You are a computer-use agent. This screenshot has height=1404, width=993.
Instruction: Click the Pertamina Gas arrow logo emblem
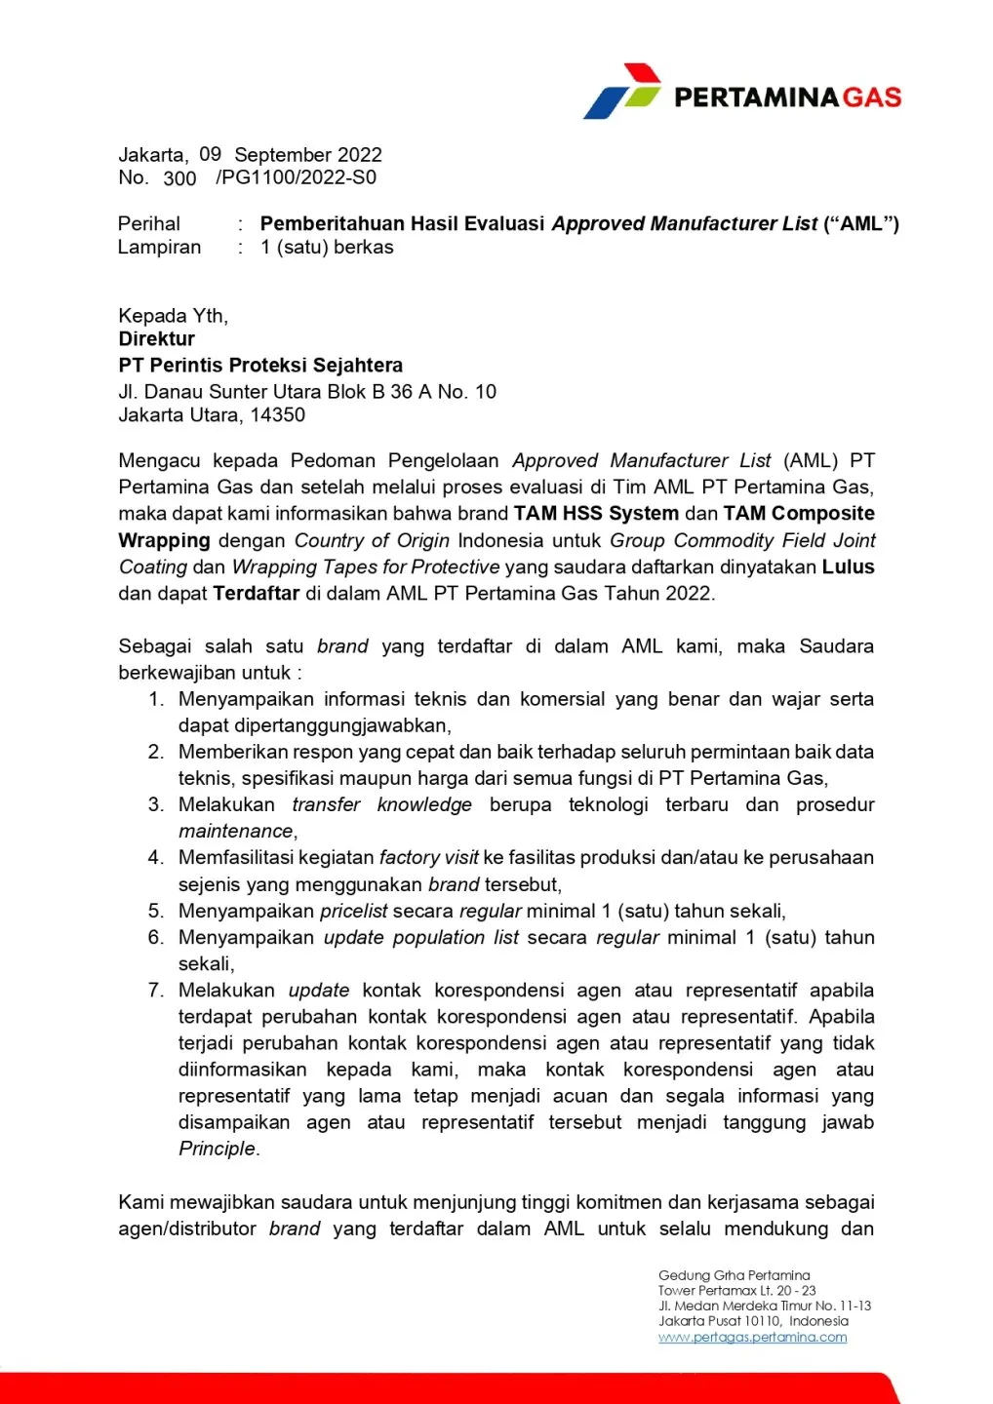(x=622, y=93)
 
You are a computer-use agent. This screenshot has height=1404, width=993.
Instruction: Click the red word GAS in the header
(x=871, y=97)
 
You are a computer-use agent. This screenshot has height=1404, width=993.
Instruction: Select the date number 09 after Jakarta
(x=210, y=154)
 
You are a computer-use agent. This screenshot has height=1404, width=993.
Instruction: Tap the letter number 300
(x=179, y=178)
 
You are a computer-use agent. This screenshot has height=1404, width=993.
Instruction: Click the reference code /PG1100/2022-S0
(x=296, y=177)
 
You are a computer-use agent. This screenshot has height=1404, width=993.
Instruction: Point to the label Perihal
(x=149, y=224)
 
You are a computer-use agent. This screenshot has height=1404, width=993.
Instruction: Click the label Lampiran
(x=159, y=248)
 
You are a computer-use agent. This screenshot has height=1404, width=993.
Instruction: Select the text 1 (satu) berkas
(x=327, y=248)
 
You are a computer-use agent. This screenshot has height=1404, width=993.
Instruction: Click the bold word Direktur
(x=157, y=339)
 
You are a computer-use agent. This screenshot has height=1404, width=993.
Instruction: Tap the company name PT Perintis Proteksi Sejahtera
(x=260, y=366)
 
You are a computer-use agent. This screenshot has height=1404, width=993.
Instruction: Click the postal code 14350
(x=278, y=415)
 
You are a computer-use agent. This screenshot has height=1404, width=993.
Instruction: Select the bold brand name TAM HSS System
(x=596, y=514)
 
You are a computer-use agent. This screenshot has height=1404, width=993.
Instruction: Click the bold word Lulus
(x=848, y=567)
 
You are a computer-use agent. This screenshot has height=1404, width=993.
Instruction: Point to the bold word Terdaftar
(x=256, y=594)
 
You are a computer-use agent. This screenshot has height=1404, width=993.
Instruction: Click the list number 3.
(x=155, y=805)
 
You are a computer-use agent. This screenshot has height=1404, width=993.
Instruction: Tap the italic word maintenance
(x=236, y=832)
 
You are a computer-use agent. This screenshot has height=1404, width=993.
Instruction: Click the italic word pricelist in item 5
(x=355, y=912)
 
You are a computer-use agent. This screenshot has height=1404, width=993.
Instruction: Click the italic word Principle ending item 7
(x=217, y=1150)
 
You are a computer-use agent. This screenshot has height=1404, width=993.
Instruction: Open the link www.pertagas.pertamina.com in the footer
(x=752, y=1338)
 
